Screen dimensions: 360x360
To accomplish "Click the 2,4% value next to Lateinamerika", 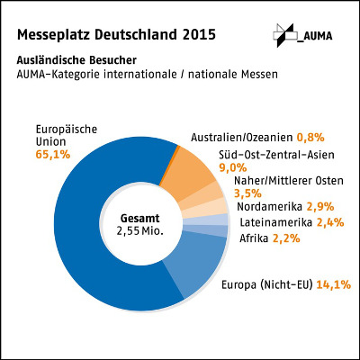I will coord(334,222).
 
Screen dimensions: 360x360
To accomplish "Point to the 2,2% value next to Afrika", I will coord(287,238).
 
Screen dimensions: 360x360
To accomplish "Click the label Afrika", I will coord(254,238).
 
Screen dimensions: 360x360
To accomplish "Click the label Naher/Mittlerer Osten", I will coord(286,180).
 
